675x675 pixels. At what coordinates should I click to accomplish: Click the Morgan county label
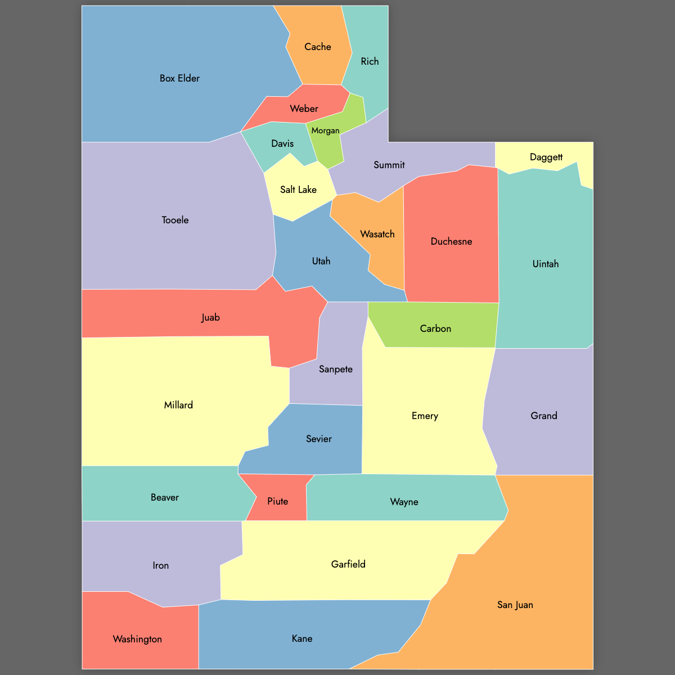325,130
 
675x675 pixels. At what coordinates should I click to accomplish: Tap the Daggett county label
546,157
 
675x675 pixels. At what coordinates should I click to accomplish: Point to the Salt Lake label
298,190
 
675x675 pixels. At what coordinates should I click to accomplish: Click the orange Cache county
318,47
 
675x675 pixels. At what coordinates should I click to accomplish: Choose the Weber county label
304,109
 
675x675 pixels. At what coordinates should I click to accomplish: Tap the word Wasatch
377,234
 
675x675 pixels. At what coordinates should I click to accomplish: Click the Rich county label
370,61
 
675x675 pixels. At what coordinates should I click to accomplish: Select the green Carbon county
435,328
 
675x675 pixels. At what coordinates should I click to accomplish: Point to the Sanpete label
335,369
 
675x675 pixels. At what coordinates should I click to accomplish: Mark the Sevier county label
318,439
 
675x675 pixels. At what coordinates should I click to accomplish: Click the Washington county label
137,639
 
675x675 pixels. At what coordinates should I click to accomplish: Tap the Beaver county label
164,497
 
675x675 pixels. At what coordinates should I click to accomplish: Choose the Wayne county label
404,502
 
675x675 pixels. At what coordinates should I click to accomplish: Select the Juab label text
210,317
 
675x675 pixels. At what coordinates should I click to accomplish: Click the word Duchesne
451,241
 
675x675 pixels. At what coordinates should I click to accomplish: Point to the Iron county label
160,565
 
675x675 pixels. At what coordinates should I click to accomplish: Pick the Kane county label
302,638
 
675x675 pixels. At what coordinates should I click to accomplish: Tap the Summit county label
389,165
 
